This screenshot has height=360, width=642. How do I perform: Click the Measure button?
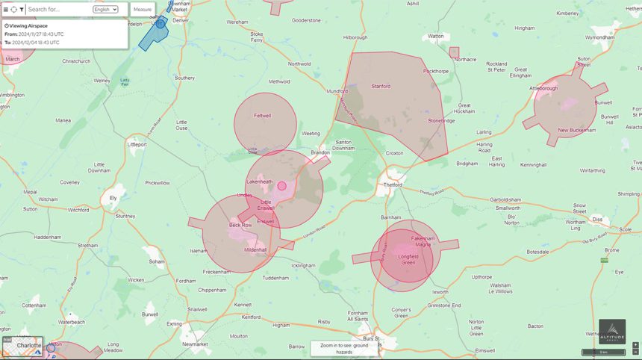click(x=143, y=10)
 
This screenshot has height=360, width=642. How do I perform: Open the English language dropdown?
click(x=105, y=10)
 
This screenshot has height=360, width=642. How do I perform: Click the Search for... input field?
click(x=58, y=10)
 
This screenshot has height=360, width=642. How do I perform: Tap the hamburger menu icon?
click(x=5, y=10)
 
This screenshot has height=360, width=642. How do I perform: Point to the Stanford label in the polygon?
click(x=381, y=86)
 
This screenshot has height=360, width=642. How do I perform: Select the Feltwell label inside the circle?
click(x=262, y=116)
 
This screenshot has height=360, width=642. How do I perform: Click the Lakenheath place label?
click(x=260, y=181)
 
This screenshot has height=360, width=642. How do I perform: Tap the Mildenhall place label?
click(x=255, y=249)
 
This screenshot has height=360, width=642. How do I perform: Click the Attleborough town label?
click(x=543, y=88)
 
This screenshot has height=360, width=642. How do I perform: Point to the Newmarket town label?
click(x=196, y=344)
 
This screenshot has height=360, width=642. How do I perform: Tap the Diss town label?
click(x=596, y=220)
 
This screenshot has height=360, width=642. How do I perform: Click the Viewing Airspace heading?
click(x=28, y=25)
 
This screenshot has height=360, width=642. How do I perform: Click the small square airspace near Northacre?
click(x=454, y=52)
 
